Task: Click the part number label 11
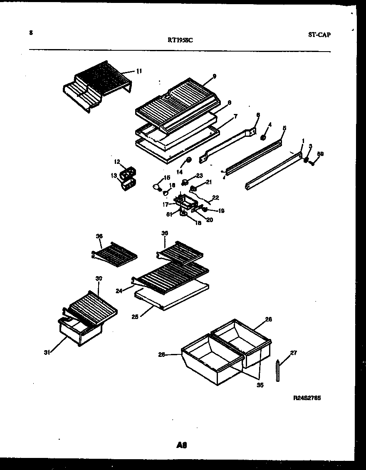139,71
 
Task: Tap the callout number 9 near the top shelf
214,76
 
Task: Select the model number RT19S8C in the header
180,40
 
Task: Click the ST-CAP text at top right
319,35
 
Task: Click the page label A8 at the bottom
181,445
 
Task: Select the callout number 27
294,353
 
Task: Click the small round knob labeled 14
188,160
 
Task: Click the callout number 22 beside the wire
215,198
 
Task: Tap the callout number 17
165,204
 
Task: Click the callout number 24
119,291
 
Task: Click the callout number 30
99,278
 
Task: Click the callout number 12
117,161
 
